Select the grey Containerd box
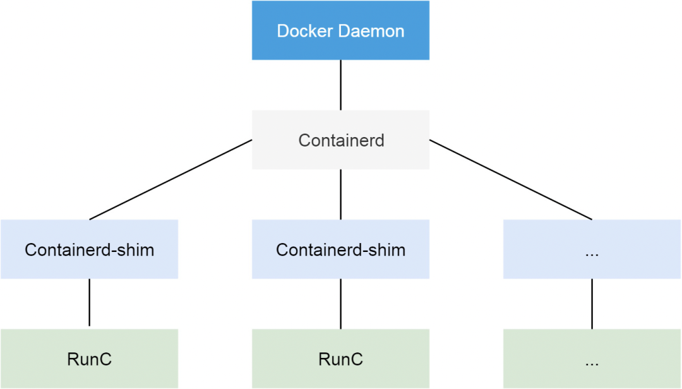point(340,140)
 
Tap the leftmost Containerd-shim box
point(89,249)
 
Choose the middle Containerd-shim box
point(340,249)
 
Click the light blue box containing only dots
point(592,249)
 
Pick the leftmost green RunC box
point(89,359)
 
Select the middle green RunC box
point(340,359)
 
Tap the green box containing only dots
point(592,359)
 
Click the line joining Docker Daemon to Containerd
point(340,85)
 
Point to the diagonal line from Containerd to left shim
point(170,180)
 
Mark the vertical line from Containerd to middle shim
point(340,194)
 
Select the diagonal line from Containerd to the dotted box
point(510,180)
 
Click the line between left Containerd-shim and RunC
point(89,303)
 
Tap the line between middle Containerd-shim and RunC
point(340,304)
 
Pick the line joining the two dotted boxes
point(592,304)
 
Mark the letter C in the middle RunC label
point(357,359)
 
